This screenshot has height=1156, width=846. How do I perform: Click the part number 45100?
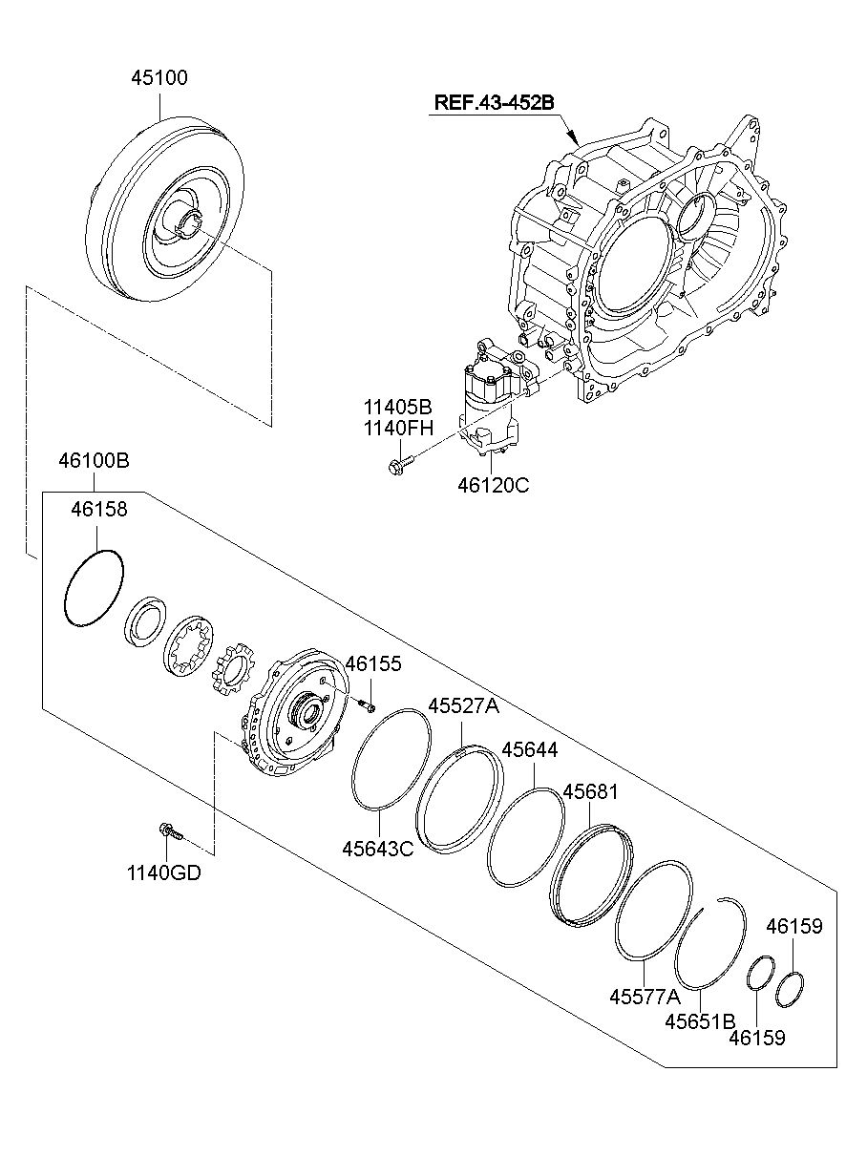coord(159,77)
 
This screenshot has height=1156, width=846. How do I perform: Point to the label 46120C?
coord(493,485)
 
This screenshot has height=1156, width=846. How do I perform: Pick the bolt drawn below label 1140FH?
coord(398,467)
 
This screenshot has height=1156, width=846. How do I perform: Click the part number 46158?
coord(98,510)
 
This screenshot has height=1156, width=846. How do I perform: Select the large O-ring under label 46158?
coord(94,589)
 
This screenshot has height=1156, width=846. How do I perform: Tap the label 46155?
coord(373,663)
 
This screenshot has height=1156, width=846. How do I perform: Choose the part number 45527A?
coord(463,705)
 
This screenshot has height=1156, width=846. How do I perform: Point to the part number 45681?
coord(590,792)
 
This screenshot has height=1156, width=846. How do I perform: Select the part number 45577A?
coord(645,997)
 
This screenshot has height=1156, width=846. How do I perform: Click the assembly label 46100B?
coord(94,461)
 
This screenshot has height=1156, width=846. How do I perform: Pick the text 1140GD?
coord(164,872)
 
